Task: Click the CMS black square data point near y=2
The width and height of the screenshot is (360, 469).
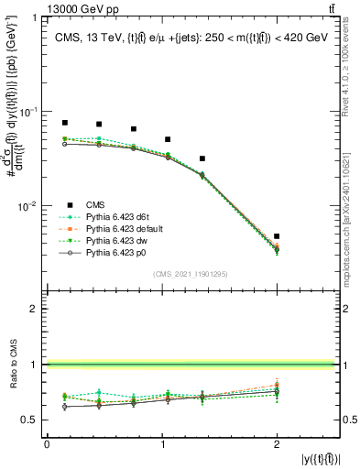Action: tap(277, 236)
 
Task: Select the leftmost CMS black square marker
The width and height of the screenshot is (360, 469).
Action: tap(65, 122)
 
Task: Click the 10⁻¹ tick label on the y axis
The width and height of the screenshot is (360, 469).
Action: tap(31, 112)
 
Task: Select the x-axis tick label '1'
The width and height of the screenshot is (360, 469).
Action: tap(162, 443)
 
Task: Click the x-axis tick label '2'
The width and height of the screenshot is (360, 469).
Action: tap(277, 443)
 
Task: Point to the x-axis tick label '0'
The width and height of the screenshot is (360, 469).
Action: tap(47, 443)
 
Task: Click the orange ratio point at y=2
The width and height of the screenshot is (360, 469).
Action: tap(277, 386)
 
